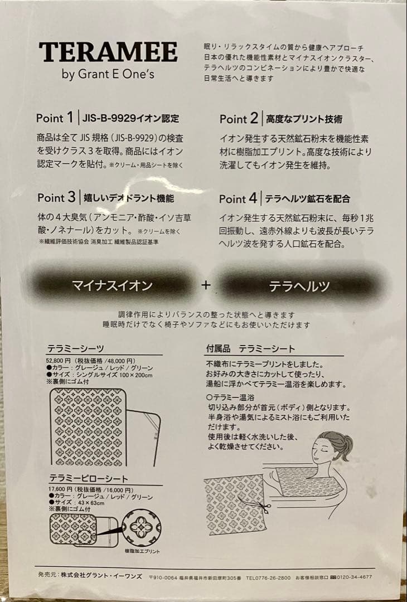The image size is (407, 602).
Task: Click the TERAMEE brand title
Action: pyautogui.click(x=108, y=52)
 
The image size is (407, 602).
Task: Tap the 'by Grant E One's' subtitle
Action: pyautogui.click(x=108, y=75)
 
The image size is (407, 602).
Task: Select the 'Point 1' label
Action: pyautogui.click(x=55, y=118)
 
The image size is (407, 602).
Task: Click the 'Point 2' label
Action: pyautogui.click(x=239, y=119)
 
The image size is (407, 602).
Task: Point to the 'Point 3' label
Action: pyautogui.click(x=56, y=197)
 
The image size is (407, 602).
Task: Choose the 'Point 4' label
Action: pyautogui.click(x=239, y=198)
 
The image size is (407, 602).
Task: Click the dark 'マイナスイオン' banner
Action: pyautogui.click(x=112, y=285)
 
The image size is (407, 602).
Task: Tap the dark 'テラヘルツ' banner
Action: pyautogui.click(x=299, y=287)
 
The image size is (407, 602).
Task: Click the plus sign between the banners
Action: pyautogui.click(x=206, y=285)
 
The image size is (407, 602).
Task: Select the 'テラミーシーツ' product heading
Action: pyautogui.click(x=75, y=349)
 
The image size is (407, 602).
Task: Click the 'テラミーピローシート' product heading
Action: pyautogui.click(x=88, y=478)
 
